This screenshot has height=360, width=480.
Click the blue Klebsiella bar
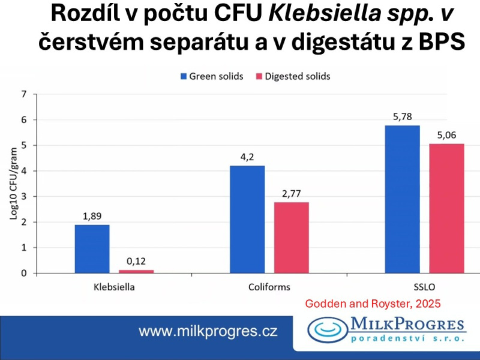pos(92,249)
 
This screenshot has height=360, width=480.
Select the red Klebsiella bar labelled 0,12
pos(137,271)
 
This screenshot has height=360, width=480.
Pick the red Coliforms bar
pos(292,238)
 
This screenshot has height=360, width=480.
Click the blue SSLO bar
pos(402,199)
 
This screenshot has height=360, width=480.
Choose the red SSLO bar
pos(446,208)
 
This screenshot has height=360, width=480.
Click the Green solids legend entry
pos(213,76)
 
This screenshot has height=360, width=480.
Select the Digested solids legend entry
pos(292,76)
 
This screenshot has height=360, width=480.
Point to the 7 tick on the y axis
pos(24,94)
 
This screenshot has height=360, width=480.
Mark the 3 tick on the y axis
pos(24,197)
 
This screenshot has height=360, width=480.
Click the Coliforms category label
pos(269,287)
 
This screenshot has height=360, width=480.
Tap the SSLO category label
pos(424,287)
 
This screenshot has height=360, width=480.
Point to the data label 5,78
pos(402,116)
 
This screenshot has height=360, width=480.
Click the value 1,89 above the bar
pos(92,216)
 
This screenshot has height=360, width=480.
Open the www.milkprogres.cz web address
pos(208,331)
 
